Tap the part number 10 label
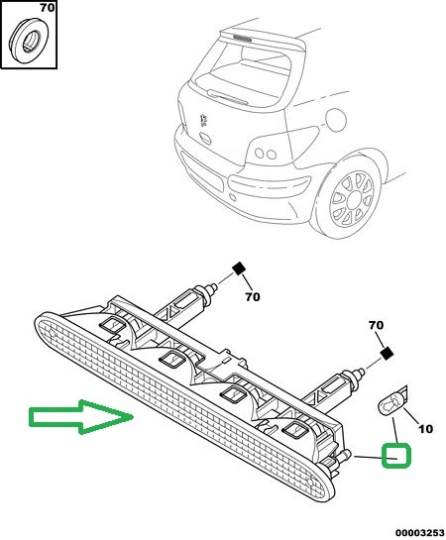tap(427, 429)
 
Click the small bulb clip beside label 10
tap(393, 402)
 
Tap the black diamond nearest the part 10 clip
tap(387, 353)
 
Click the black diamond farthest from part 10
tap(239, 268)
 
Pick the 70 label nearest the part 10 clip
tap(376, 325)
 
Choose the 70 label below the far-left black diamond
tap(251, 295)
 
